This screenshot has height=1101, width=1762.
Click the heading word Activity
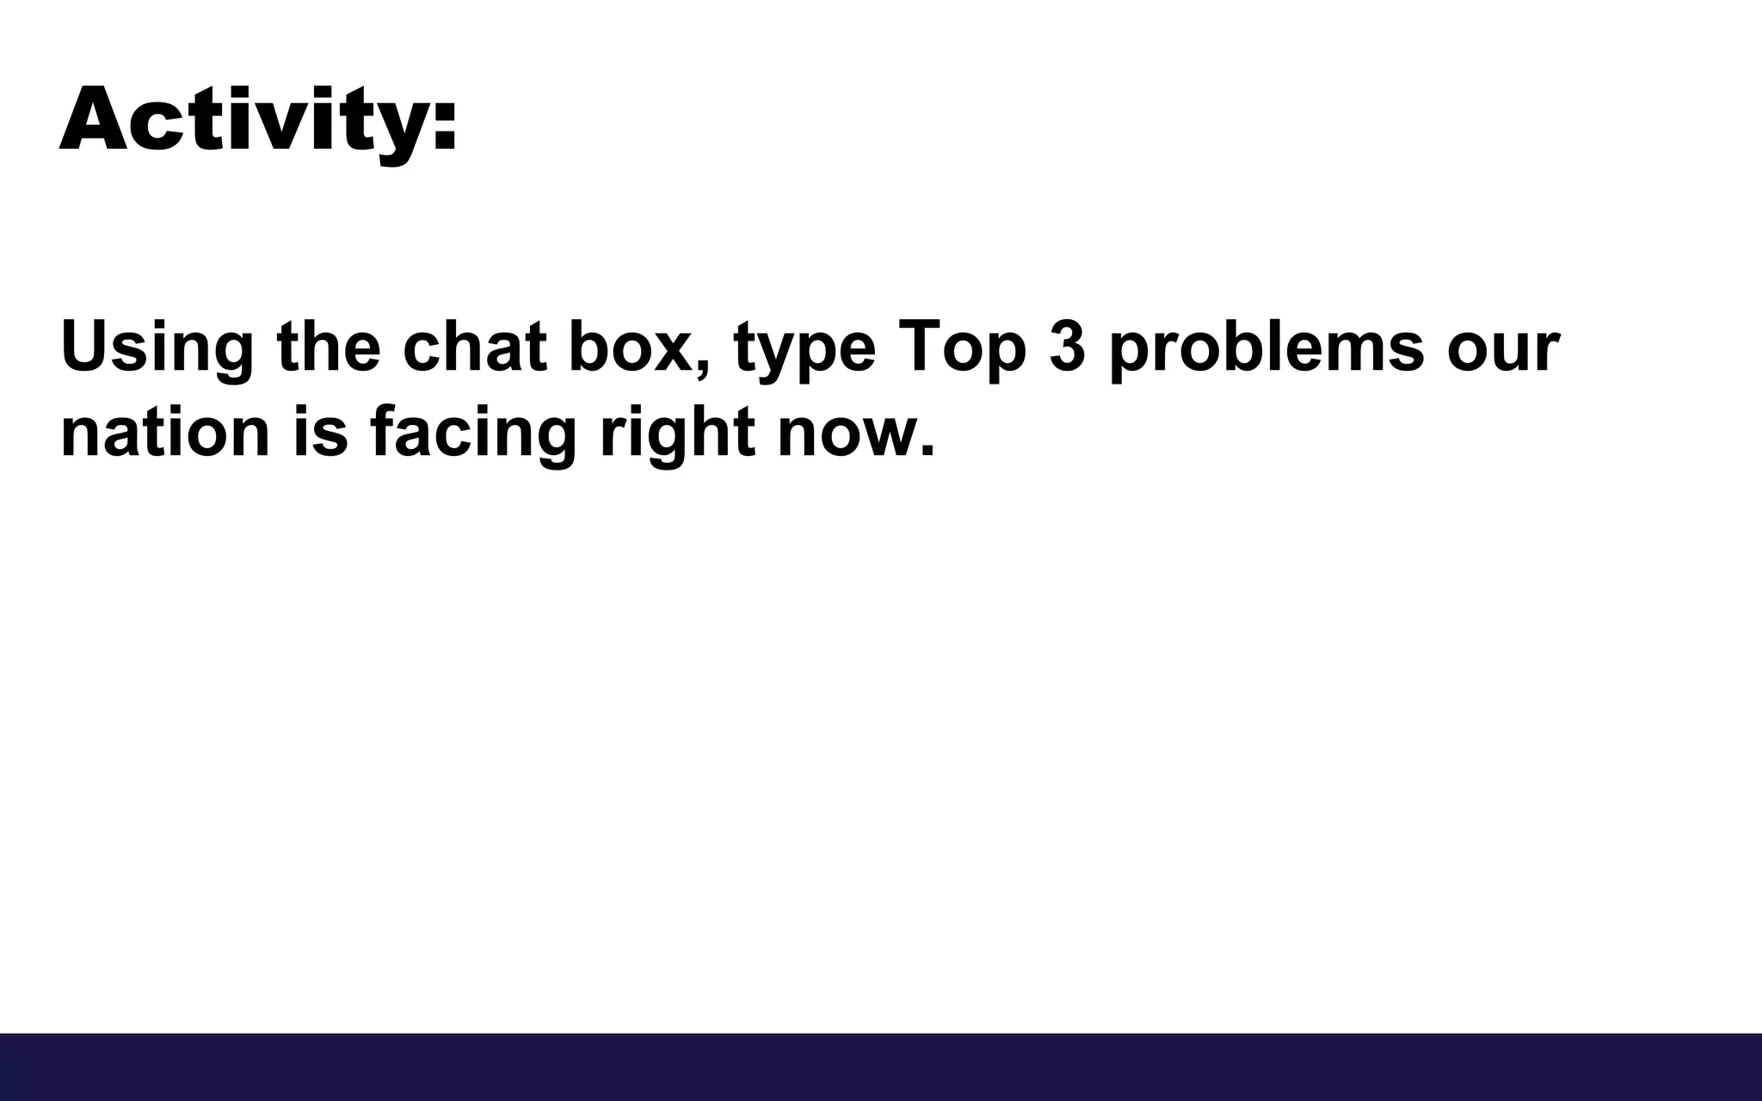tap(245, 120)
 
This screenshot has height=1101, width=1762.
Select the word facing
tap(472, 434)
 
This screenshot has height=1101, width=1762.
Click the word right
tap(677, 434)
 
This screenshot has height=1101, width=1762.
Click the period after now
tap(927, 451)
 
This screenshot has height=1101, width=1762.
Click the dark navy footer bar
tap(881, 1067)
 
